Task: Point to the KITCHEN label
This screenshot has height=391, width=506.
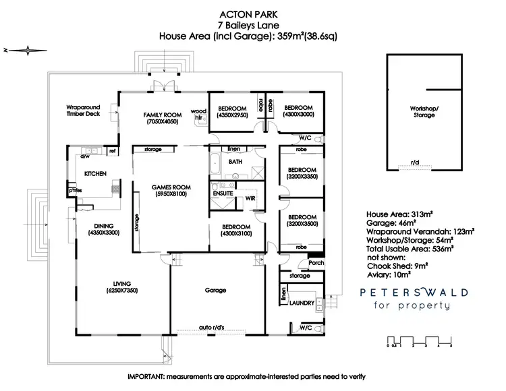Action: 95,174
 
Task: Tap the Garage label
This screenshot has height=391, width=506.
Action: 215,290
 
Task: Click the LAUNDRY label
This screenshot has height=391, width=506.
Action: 301,303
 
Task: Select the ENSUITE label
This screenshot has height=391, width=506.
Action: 223,193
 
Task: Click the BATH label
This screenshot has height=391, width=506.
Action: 235,162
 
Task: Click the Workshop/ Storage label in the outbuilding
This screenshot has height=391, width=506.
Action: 423,111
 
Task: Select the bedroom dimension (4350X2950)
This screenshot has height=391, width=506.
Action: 233,115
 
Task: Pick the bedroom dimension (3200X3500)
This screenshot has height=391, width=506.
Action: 302,223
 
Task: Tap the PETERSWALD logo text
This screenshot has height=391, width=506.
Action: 411,293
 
